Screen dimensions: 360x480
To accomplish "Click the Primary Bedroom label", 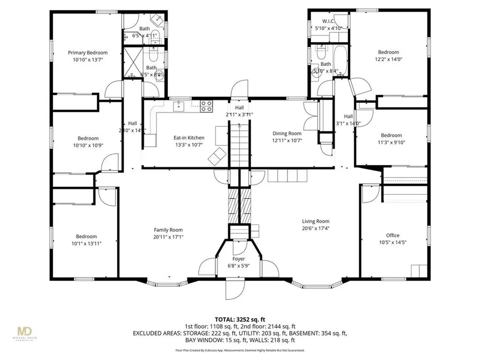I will pos(88,53).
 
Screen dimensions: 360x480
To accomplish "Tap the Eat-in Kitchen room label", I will pos(189,137).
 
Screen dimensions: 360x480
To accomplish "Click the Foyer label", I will pos(239,259).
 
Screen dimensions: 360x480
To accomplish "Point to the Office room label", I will pos(392,235).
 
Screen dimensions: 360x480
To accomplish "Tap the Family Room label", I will pos(168,230).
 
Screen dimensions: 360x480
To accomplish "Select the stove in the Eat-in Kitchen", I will pos(206,106).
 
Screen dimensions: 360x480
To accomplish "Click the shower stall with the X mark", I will pos(132,61).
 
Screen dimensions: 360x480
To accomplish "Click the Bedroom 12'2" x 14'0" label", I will pos(389,52).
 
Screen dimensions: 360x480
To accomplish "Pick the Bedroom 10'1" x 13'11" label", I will pos(87,236).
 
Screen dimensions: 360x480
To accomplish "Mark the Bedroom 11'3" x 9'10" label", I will pos(391,135).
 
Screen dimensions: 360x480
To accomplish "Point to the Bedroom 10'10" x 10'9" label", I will pos(88,138).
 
